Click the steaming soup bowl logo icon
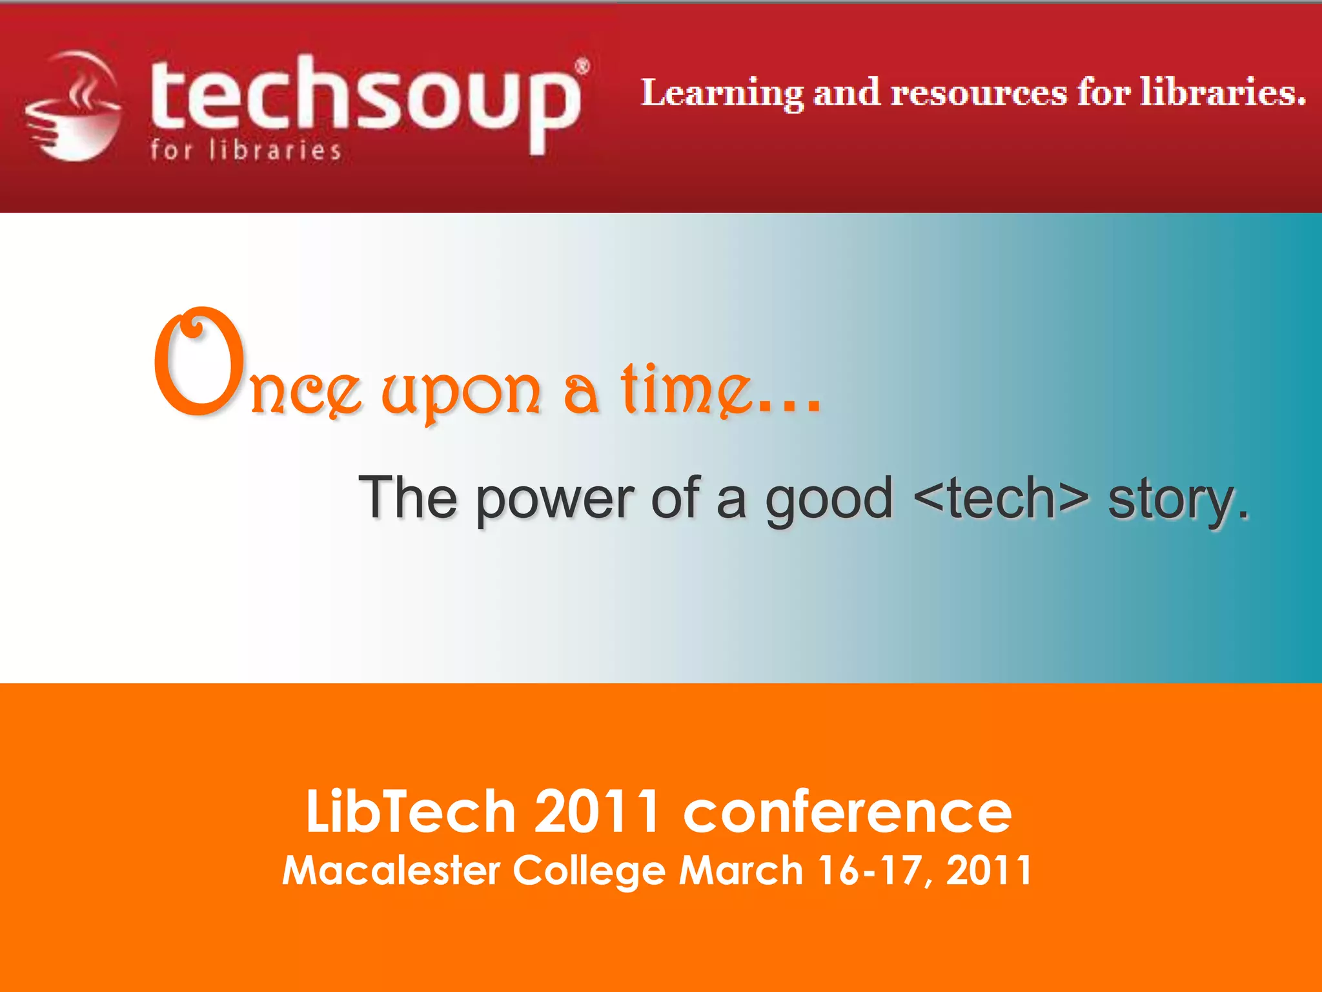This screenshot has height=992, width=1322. pos(73,107)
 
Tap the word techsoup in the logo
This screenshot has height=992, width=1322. pos(365,100)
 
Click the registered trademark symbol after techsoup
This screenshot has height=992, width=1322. pos(582,67)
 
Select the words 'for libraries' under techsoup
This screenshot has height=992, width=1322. pos(245,150)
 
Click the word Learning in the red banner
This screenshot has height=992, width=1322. pos(722,94)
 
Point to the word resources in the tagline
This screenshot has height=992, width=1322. pos(979,94)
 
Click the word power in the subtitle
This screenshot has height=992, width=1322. pos(556,499)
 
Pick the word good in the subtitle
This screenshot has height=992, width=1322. pos(829,499)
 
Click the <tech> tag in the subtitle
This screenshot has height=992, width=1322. pos(1001,498)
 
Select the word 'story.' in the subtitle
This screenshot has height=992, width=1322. pos(1179,501)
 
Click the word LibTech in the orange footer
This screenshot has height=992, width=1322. pos(411,812)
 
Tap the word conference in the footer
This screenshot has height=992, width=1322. pos(848,812)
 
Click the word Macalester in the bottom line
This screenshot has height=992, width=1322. pos(391,870)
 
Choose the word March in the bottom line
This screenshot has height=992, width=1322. pos(740,870)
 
